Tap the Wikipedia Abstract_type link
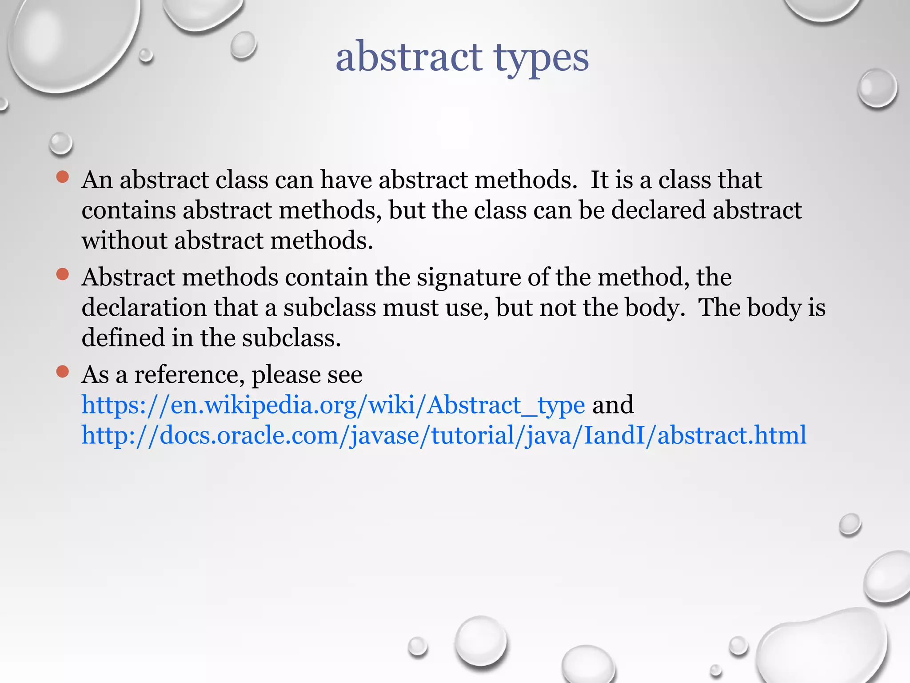(x=333, y=405)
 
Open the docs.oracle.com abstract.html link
(x=443, y=435)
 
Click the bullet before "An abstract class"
(x=63, y=177)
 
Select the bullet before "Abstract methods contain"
(x=63, y=274)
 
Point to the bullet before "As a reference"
(x=63, y=371)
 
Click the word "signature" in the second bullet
(x=468, y=277)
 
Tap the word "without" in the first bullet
(x=124, y=241)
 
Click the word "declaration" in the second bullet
(x=144, y=308)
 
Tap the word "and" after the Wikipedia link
(x=613, y=405)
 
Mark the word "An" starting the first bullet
(x=97, y=180)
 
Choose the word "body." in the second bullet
(x=655, y=308)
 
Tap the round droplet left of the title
(x=243, y=45)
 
